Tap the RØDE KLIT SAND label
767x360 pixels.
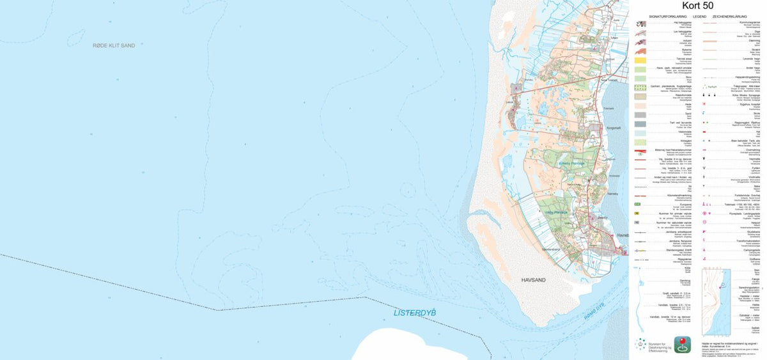[114, 45]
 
